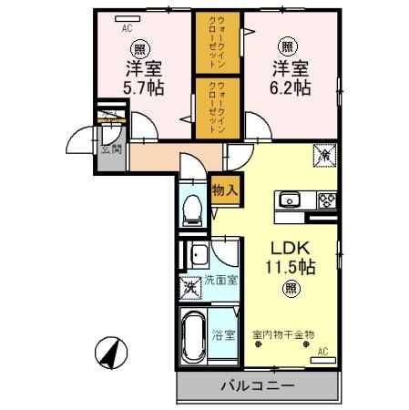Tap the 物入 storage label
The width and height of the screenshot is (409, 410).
(x=224, y=191)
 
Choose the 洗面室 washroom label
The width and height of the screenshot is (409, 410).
(x=220, y=280)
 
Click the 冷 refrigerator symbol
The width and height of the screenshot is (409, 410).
(x=324, y=155)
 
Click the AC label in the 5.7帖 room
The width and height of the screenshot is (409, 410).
(x=128, y=27)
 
